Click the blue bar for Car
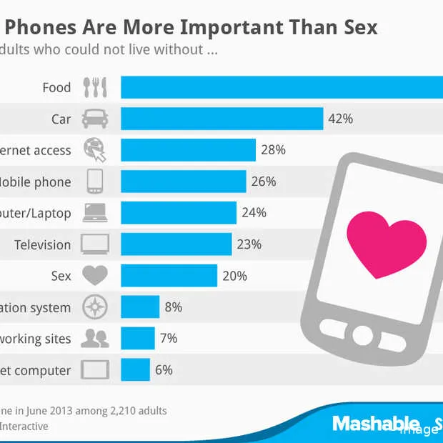click(221, 119)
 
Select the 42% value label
click(340, 119)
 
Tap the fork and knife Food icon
click(95, 88)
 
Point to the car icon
click(95, 119)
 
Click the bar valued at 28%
click(188, 150)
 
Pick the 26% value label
click(263, 181)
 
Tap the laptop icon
click(95, 213)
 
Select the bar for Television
click(176, 244)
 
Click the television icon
click(95, 244)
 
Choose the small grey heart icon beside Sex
click(95, 275)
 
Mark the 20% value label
click(234, 276)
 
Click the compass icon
click(95, 307)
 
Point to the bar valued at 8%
click(140, 307)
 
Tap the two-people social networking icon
click(95, 339)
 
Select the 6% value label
click(164, 370)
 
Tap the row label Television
click(42, 244)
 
